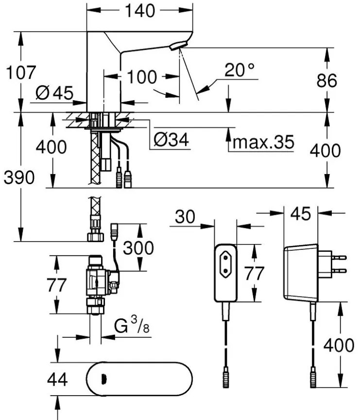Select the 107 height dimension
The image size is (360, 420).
(20, 73)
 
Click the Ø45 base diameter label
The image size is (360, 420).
(53, 92)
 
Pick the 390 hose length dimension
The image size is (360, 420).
(20, 178)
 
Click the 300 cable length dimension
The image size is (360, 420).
(138, 248)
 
